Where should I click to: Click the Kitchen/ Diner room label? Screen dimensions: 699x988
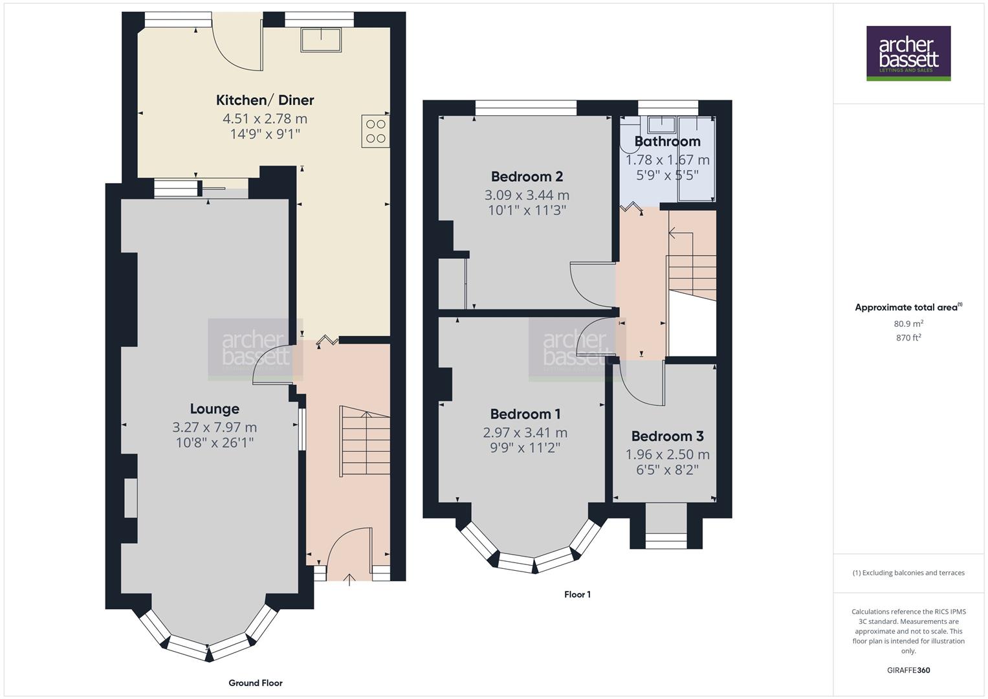[x=265, y=100]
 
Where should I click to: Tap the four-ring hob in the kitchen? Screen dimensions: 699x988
[x=375, y=131]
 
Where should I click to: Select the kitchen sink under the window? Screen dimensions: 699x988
[x=322, y=40]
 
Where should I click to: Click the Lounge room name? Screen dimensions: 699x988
[x=214, y=408]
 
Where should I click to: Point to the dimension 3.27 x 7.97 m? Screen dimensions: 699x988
[x=214, y=427]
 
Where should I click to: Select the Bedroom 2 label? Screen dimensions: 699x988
[x=527, y=176]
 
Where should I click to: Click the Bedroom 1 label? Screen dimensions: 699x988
[x=525, y=414]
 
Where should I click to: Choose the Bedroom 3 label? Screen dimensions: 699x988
[x=667, y=436]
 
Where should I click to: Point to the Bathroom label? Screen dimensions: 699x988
[x=667, y=141]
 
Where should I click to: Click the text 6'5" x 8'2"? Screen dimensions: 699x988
[x=667, y=470]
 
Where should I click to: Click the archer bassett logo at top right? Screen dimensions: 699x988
[x=908, y=53]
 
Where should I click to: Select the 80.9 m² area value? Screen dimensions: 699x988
[x=908, y=324]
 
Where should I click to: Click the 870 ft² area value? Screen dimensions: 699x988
[x=908, y=337]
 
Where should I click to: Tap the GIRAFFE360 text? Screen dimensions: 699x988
[x=908, y=670]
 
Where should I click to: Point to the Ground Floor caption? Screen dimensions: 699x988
[x=256, y=683]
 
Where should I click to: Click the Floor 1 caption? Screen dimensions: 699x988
[x=577, y=594]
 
